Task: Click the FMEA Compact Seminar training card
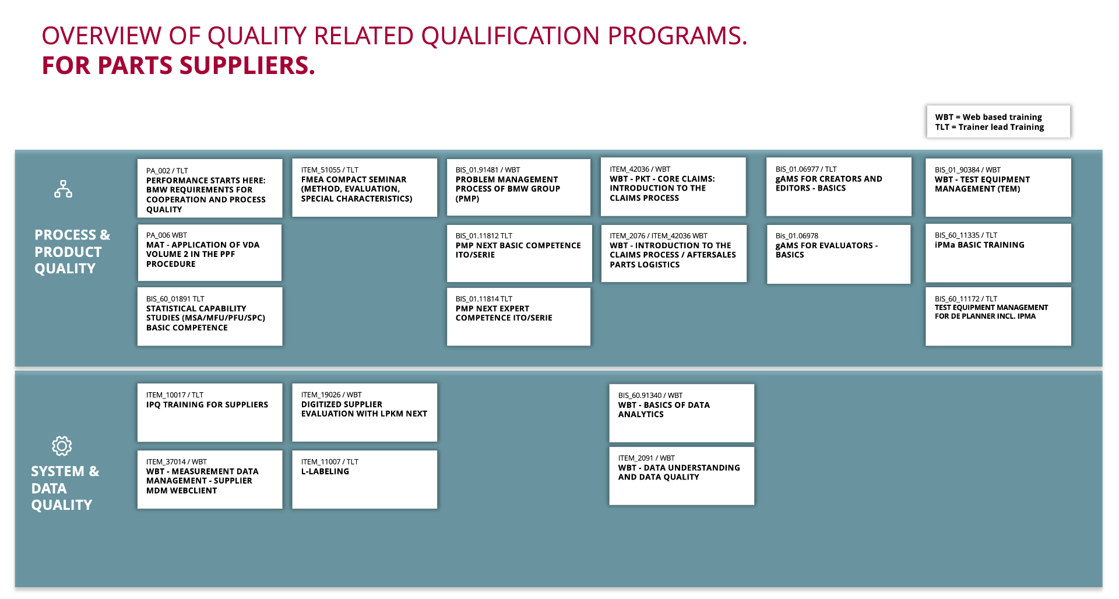364,188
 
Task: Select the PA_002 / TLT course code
167,171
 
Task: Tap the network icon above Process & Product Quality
63,189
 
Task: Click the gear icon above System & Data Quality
62,446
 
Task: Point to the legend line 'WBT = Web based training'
988,117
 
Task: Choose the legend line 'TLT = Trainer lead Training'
990,127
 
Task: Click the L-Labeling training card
364,480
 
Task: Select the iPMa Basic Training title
979,245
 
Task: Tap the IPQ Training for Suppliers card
210,413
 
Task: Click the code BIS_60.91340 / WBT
650,395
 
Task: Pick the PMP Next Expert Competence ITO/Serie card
519,316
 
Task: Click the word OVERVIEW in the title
101,36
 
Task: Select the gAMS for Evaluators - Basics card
839,254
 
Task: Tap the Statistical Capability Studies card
210,316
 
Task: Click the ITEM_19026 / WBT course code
331,394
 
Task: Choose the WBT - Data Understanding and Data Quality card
681,475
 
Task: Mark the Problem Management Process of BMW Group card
519,187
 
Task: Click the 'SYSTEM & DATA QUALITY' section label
65,488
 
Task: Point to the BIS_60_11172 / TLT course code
966,298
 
